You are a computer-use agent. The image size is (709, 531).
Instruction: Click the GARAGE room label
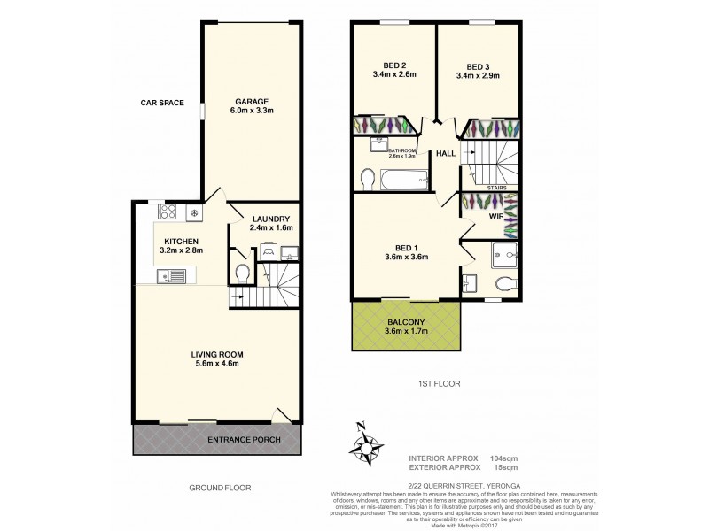[x=252, y=101]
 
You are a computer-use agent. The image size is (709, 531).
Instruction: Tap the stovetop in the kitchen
[x=165, y=212]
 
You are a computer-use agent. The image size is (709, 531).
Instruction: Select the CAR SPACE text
[x=162, y=103]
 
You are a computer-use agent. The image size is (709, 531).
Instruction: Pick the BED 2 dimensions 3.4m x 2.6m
[x=394, y=76]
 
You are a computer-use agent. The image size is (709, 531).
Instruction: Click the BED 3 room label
[x=478, y=65]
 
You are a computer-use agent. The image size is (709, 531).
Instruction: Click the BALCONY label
[x=408, y=322]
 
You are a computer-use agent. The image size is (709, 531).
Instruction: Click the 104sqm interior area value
[x=504, y=458]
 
